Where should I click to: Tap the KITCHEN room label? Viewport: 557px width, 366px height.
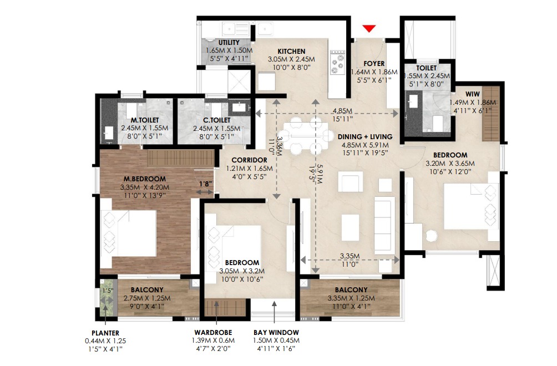tap(291, 52)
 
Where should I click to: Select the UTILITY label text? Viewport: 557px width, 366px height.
tap(229, 43)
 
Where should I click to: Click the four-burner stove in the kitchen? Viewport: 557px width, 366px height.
tap(337, 62)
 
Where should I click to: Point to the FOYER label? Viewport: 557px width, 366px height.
tap(374, 64)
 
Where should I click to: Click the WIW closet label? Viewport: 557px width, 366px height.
tap(473, 94)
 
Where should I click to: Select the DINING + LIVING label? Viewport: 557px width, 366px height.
tap(365, 136)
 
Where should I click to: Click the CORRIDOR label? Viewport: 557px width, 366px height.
tap(249, 160)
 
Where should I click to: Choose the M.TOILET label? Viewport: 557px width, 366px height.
tap(145, 120)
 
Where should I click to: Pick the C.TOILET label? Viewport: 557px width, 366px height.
tap(217, 120)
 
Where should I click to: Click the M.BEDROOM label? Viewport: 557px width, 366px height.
tap(145, 179)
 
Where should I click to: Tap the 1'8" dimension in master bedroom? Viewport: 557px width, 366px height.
tap(205, 184)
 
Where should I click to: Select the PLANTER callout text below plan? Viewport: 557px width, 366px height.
tap(105, 333)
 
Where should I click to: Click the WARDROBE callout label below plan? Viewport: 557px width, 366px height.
tap(213, 333)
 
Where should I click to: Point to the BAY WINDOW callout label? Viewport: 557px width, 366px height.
tap(276, 333)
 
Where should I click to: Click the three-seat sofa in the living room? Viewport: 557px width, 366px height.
tap(384, 223)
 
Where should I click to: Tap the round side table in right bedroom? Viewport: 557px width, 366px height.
tap(432, 236)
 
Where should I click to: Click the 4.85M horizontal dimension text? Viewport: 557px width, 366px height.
tap(342, 111)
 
